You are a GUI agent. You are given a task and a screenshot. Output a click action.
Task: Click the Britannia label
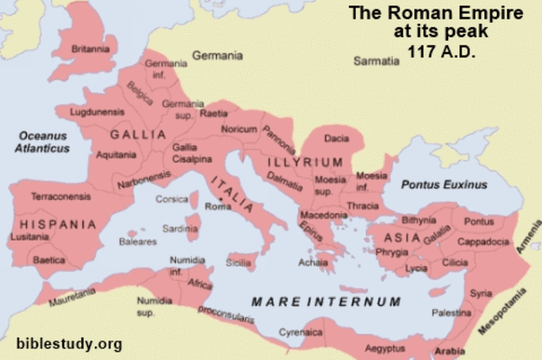point(91,50)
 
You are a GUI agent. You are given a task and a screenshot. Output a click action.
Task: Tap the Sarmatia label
point(376,61)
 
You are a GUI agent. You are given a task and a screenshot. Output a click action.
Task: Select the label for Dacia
point(336,138)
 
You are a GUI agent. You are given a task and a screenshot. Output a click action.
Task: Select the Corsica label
point(172,199)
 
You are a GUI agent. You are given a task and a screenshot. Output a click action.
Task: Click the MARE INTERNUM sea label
point(326,301)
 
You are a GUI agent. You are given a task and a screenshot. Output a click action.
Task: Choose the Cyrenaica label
point(302,334)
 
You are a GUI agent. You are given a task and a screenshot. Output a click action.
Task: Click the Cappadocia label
point(482,241)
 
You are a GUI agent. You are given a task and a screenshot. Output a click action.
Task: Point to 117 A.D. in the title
point(442,53)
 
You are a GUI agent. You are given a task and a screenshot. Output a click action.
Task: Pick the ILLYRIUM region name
point(305,162)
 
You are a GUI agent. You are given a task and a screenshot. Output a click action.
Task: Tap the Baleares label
point(137,241)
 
